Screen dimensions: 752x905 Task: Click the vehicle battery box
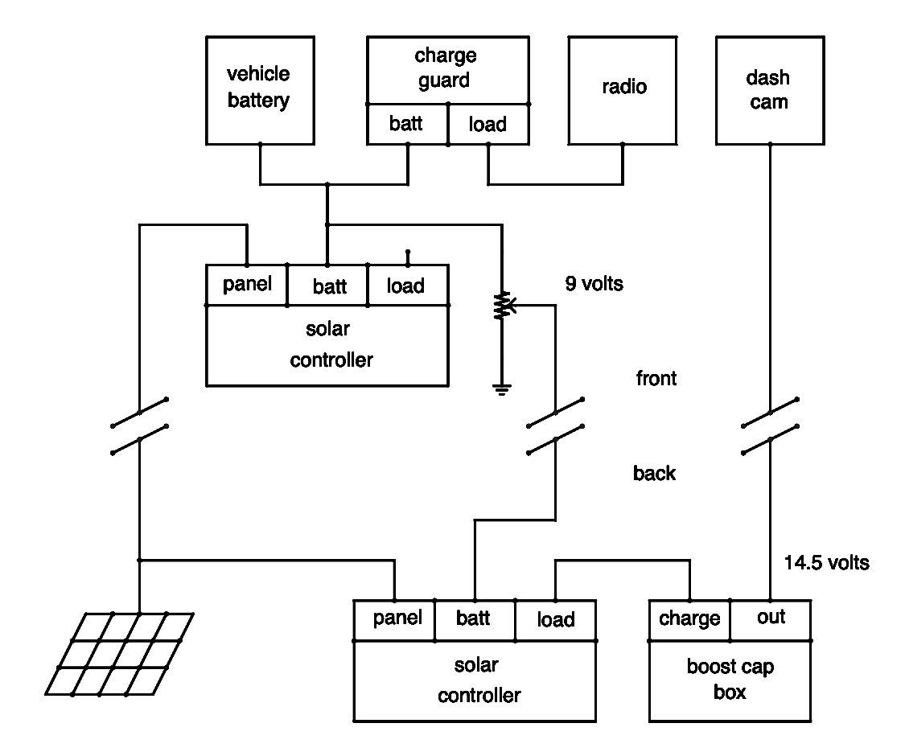coord(258,88)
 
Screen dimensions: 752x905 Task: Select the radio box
coord(623,88)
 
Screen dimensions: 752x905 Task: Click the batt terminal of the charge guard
coord(407,125)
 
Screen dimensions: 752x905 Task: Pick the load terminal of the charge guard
coord(488,125)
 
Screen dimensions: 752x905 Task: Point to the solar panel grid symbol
coord(119,653)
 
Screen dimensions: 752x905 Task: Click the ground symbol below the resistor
coord(502,391)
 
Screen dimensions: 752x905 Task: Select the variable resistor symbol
coord(502,306)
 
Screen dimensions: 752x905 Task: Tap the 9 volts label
coord(594,284)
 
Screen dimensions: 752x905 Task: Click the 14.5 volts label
coord(827,563)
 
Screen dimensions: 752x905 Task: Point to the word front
coord(656,378)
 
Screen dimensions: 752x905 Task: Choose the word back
coord(654,473)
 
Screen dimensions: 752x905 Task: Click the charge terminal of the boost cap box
coord(689,619)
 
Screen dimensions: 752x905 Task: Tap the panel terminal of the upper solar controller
coord(247,285)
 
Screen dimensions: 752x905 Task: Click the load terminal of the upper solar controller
coord(406,286)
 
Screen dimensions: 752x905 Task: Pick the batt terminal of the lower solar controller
coord(475,619)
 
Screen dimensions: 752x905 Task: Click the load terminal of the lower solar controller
coord(556,619)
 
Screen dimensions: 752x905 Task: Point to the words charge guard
coord(446,68)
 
